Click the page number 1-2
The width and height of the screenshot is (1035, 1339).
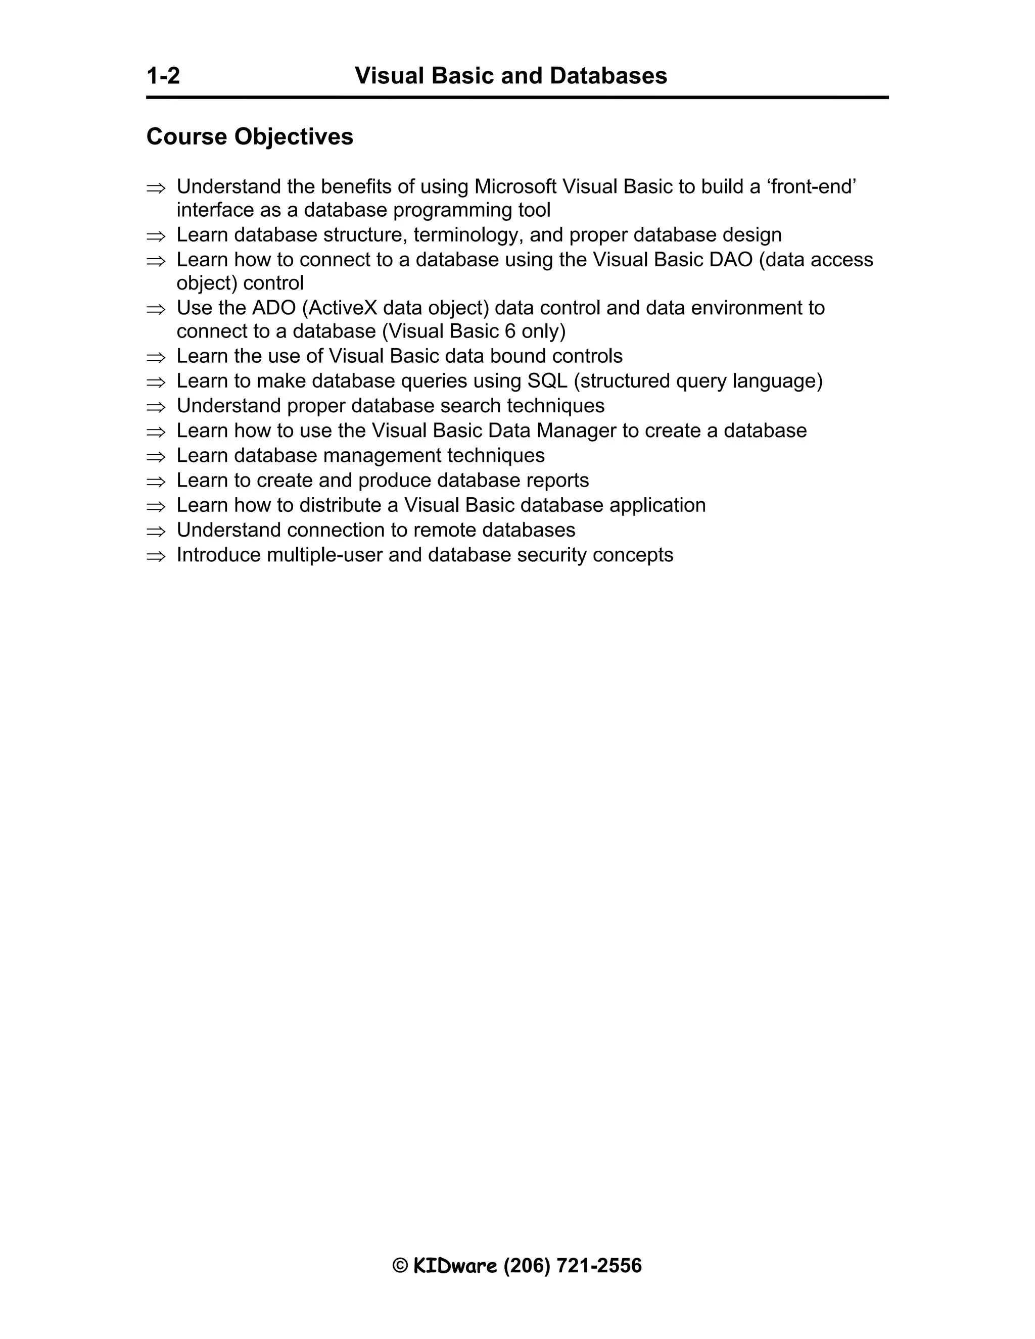click(x=163, y=76)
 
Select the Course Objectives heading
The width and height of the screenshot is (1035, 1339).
click(x=250, y=137)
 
